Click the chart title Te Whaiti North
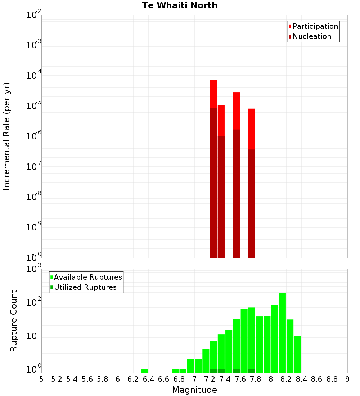tap(180, 5)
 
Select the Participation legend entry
tap(315, 26)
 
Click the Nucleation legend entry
tap(311, 36)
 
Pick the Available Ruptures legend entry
tap(87, 277)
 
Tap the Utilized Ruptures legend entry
tap(85, 287)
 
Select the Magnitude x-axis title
tap(194, 390)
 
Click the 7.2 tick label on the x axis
tap(210, 379)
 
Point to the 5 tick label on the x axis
tap(41, 379)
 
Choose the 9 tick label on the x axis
tap(347, 379)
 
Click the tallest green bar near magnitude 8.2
tap(282, 333)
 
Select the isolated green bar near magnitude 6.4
tap(145, 371)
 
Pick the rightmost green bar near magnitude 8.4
tap(298, 354)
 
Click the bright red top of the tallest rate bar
tap(213, 94)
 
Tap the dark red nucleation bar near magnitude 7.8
tap(252, 203)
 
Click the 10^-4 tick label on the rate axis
tap(34, 76)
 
